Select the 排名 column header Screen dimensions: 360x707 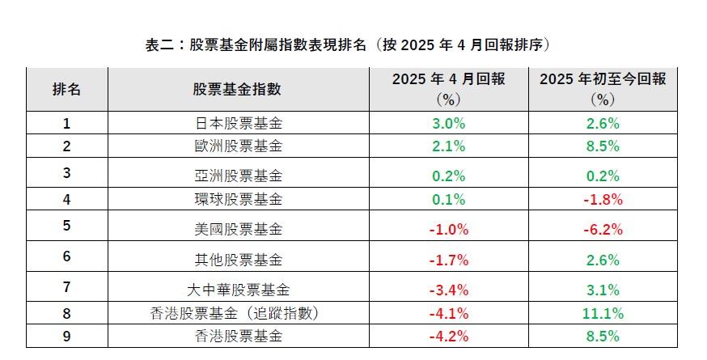pos(66,89)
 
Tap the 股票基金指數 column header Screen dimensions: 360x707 pos(237,89)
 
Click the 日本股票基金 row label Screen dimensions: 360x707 pos(237,124)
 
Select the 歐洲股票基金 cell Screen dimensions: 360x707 pos(237,146)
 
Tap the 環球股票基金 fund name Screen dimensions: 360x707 pos(237,199)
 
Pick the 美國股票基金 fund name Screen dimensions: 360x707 pos(237,229)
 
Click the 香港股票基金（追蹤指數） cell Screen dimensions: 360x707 pos(237,313)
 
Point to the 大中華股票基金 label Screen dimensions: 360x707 pos(237,290)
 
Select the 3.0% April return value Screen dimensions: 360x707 pos(448,124)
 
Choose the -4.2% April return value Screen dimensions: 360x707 pos(448,336)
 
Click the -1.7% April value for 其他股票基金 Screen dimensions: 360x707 pos(448,260)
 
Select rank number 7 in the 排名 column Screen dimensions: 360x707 pos(66,287)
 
